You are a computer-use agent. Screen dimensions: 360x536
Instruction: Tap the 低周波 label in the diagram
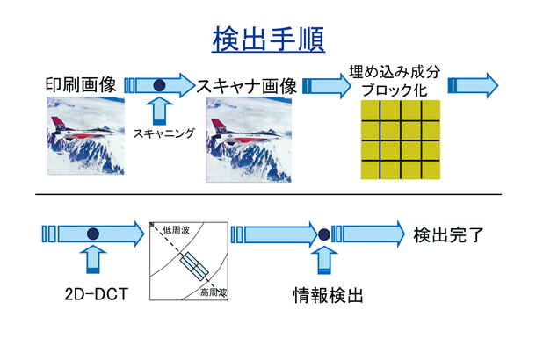click(177, 230)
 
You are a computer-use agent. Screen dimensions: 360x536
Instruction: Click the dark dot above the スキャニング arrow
click(159, 85)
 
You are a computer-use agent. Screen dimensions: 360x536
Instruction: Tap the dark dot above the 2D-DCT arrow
click(92, 234)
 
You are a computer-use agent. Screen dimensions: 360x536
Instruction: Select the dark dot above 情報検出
click(323, 234)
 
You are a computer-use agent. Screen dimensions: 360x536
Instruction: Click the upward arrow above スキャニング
click(159, 111)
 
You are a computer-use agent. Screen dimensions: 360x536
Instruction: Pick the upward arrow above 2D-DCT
click(92, 260)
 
